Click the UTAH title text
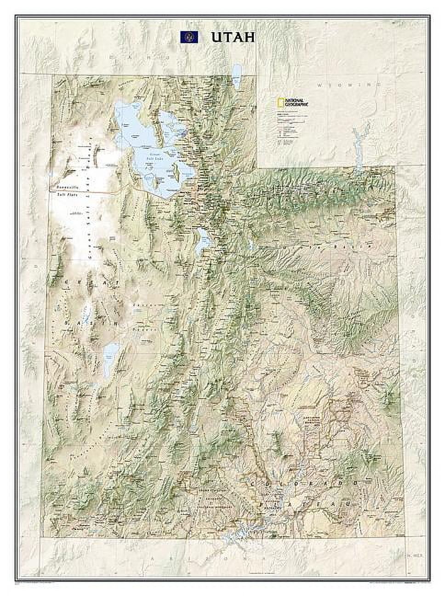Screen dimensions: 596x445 (233, 37)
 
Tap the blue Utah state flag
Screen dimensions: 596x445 (189, 37)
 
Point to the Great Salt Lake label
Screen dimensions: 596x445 (158, 155)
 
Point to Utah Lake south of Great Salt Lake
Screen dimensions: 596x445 (200, 241)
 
